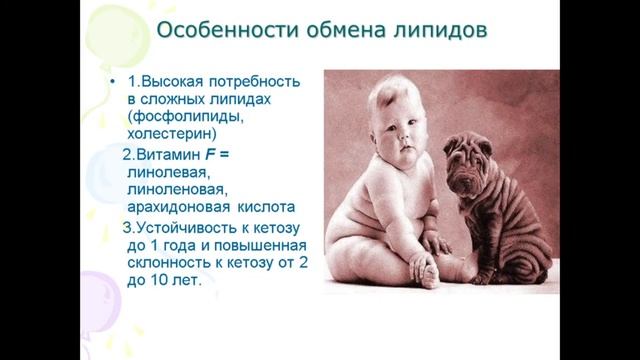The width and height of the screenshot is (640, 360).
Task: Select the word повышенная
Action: tap(258, 246)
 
